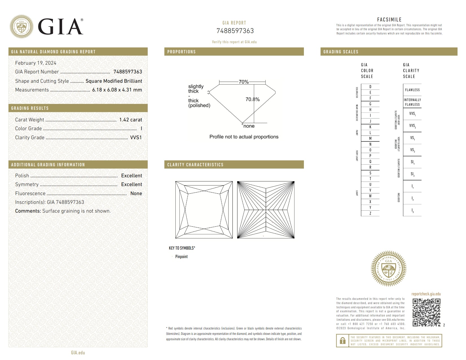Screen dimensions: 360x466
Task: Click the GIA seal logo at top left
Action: tap(21, 27)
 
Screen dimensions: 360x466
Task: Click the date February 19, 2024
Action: tap(36, 63)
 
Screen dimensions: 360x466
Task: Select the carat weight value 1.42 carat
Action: tap(130, 120)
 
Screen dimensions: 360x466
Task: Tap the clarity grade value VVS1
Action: tap(136, 138)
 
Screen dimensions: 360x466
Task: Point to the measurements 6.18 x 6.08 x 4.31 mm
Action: tap(117, 90)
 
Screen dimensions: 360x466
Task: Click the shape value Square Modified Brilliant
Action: tap(114, 81)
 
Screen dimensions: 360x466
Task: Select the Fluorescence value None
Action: tap(136, 193)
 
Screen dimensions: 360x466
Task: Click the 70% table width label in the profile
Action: tap(243, 82)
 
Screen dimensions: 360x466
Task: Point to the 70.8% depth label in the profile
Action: tap(252, 99)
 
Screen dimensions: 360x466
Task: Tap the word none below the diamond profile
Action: tap(249, 126)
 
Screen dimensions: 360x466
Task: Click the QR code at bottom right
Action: tap(426, 313)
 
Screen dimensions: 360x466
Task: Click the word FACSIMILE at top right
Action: tap(389, 19)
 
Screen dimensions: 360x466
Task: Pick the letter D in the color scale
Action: tap(370, 87)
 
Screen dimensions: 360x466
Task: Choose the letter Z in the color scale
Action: tap(370, 213)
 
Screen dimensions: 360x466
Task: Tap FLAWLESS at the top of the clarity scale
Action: tap(412, 90)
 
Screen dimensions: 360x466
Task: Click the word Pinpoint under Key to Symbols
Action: tap(181, 257)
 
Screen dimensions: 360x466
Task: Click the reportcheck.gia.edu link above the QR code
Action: tap(426, 294)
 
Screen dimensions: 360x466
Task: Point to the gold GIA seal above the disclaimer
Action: tap(388, 269)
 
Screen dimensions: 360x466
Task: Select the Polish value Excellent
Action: tap(131, 176)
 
